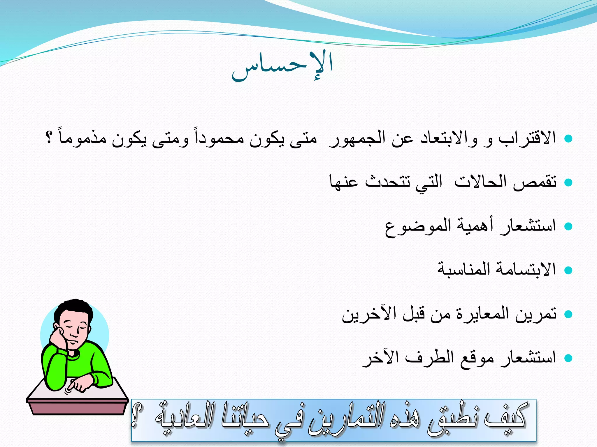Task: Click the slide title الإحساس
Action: [282, 66]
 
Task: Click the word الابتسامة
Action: [519, 269]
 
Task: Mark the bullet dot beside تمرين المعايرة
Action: [568, 314]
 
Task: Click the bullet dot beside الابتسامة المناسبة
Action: [568, 270]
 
